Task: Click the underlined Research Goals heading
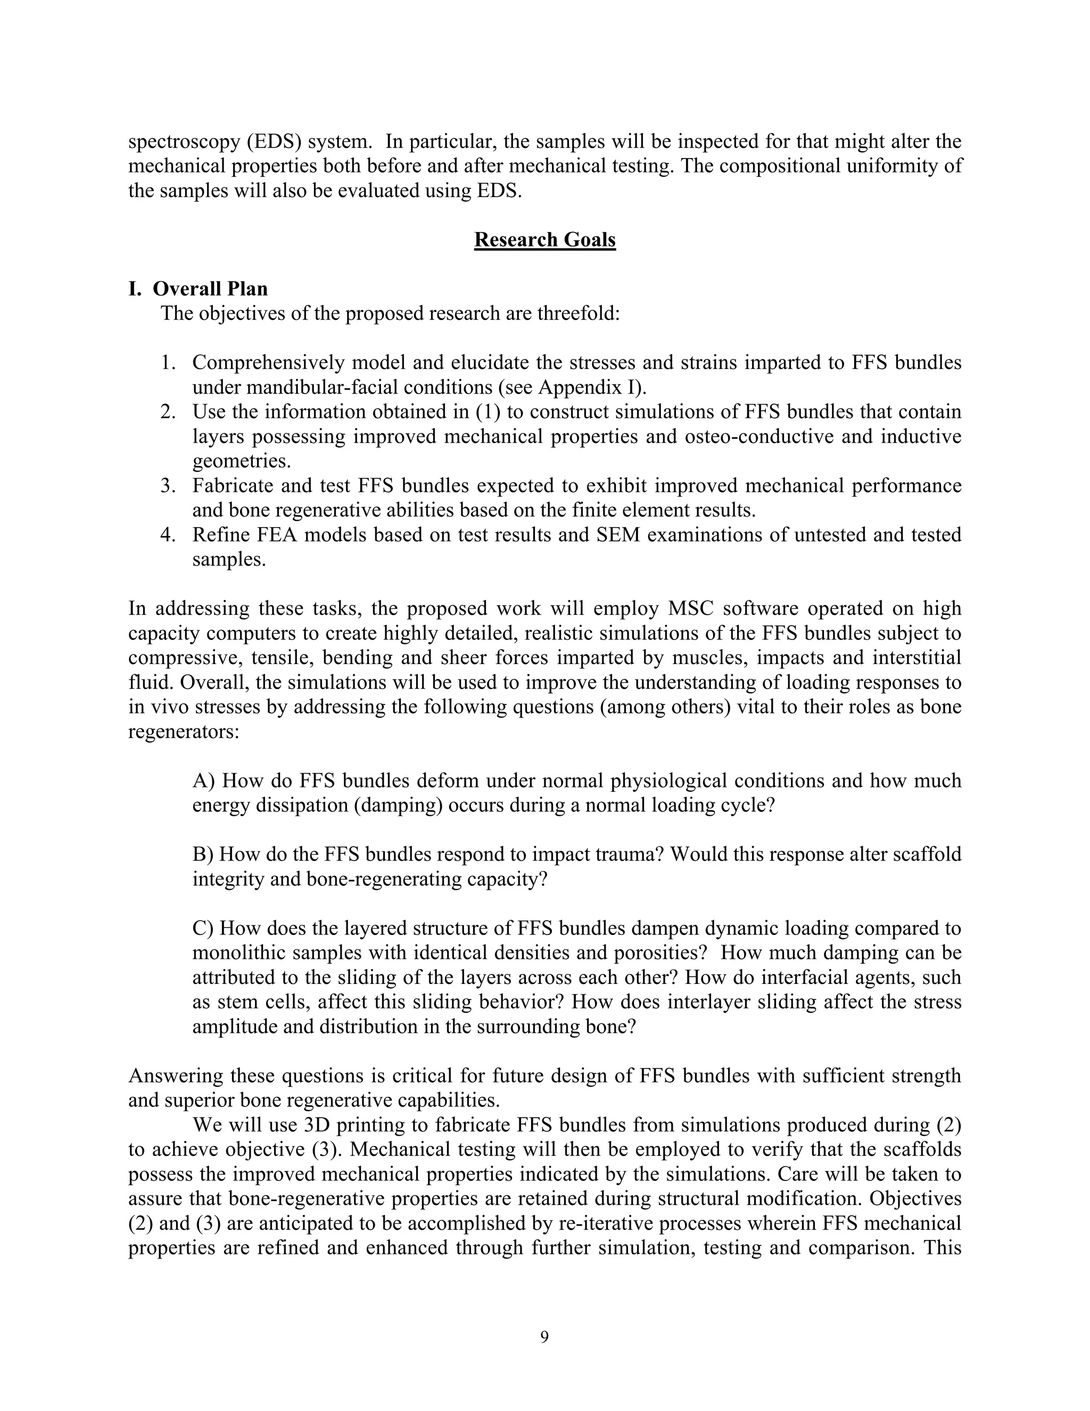tap(544, 240)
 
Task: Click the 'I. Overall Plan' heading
tap(197, 288)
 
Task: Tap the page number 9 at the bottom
tap(544, 1336)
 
